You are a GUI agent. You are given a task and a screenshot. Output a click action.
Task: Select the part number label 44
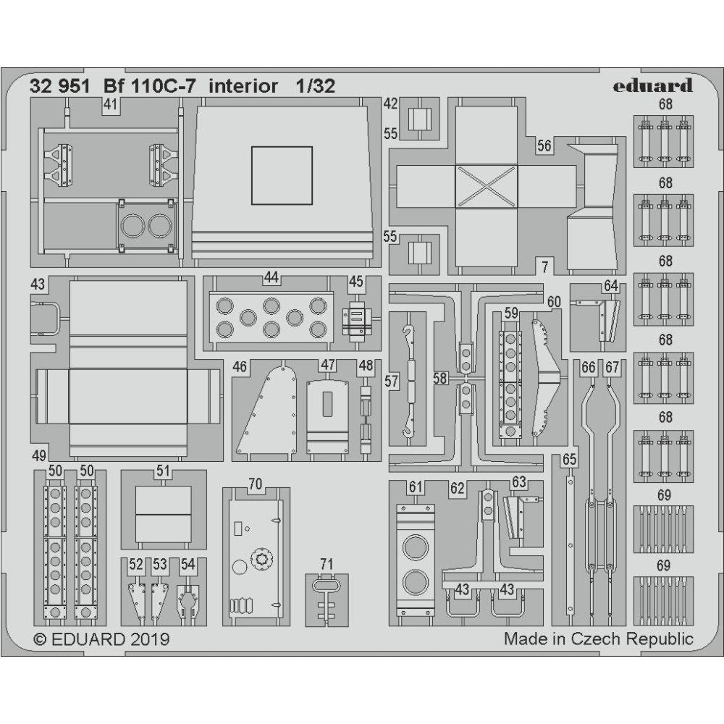coord(271,277)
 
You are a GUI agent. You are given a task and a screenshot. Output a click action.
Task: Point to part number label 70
coord(255,484)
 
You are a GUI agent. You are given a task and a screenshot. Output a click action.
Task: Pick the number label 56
coord(544,146)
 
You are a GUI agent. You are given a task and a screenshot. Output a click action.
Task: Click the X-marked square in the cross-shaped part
coord(487,185)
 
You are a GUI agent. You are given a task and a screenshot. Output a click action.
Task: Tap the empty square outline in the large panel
coord(282,175)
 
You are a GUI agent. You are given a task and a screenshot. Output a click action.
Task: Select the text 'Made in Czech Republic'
coord(598,639)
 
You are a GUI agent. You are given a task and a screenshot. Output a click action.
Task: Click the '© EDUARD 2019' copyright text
coord(102,639)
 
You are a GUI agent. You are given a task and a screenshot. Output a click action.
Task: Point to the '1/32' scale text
coord(315,86)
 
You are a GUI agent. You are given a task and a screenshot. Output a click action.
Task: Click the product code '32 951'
coord(60,86)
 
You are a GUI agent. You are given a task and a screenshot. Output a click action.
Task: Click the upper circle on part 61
coord(416,546)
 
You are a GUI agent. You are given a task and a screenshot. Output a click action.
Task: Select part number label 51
coord(163,471)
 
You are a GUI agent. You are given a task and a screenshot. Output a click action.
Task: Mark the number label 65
coord(570,459)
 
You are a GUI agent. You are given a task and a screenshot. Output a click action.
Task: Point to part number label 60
coord(554,301)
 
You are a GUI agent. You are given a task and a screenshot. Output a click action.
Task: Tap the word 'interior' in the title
coord(243,86)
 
